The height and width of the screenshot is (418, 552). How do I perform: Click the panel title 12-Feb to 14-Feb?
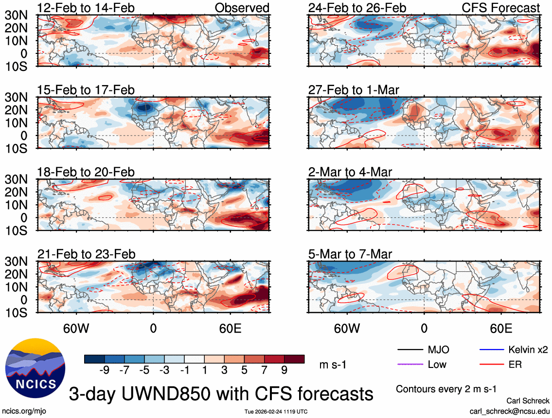pyautogui.click(x=86, y=8)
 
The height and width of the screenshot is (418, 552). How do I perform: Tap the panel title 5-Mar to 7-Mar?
pyautogui.click(x=350, y=254)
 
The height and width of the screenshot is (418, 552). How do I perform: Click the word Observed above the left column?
pyautogui.click(x=242, y=8)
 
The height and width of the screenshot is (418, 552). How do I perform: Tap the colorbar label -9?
pyautogui.click(x=104, y=370)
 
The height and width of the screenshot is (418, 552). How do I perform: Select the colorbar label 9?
pyautogui.click(x=284, y=370)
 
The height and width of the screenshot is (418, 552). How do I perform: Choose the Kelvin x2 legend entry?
pyautogui.click(x=528, y=349)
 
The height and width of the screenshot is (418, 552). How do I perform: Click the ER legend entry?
pyautogui.click(x=515, y=364)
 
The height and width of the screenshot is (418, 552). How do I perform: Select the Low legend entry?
pyautogui.click(x=437, y=364)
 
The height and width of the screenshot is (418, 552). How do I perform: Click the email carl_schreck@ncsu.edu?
pyautogui.click(x=509, y=411)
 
